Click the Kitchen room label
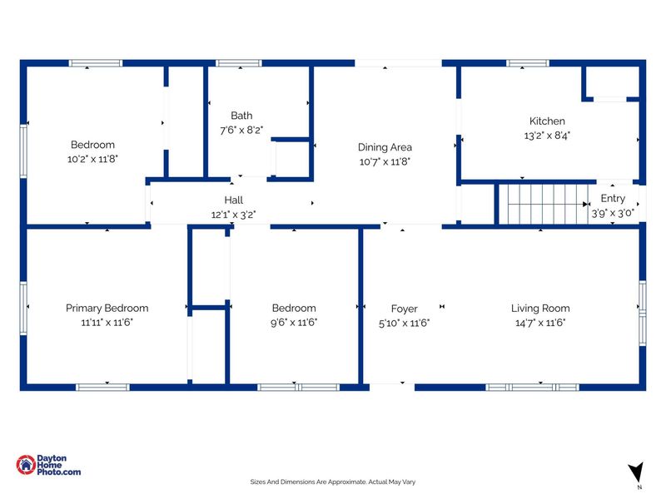[547, 121]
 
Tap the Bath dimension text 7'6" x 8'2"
[241, 131]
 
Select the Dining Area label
[385, 147]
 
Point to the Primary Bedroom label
[107, 308]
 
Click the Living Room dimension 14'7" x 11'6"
[540, 323]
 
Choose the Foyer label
[405, 309]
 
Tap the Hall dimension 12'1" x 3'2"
[234, 215]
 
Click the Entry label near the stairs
[613, 199]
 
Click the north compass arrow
[637, 472]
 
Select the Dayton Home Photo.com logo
[48, 465]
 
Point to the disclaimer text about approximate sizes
[332, 482]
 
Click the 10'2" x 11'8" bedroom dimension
[92, 159]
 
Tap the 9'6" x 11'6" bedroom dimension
[294, 323]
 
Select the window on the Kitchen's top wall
[528, 63]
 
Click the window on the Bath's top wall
[239, 63]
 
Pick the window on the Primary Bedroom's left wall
[23, 308]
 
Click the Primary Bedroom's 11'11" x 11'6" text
[107, 323]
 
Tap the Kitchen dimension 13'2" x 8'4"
[547, 136]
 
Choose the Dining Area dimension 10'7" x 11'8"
[385, 161]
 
